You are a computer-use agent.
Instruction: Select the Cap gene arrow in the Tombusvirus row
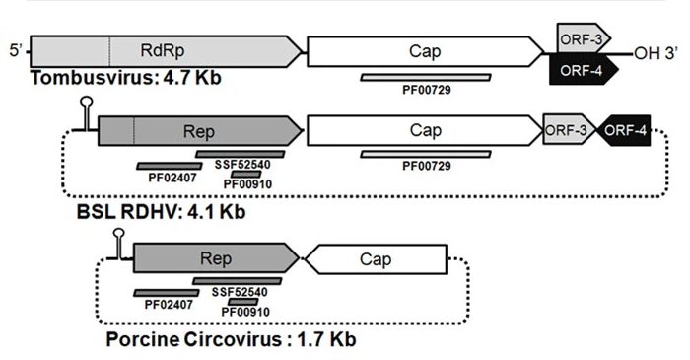coord(425,51)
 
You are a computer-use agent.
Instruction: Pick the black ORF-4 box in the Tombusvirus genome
coord(584,70)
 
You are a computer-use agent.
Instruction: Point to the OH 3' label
coord(655,53)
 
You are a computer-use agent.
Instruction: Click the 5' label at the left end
coord(16,50)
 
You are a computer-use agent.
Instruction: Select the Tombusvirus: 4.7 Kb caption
coord(126,78)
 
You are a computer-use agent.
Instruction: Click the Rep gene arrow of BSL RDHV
coord(200,131)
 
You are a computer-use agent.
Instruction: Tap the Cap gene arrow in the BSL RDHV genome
coord(425,130)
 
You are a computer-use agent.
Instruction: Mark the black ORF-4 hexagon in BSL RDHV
coord(623,130)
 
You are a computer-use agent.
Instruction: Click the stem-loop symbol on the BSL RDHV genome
coord(87,114)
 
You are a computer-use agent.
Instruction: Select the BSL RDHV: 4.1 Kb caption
coord(161,212)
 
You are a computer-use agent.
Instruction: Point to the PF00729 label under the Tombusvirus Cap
coord(427,90)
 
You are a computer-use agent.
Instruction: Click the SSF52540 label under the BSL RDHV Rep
coord(242,165)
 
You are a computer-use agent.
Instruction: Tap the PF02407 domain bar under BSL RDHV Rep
coord(170,166)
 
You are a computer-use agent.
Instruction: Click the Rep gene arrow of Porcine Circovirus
coord(216,257)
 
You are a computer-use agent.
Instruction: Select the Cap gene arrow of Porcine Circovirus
coord(377,259)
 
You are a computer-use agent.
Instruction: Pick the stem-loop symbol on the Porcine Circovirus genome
coord(119,244)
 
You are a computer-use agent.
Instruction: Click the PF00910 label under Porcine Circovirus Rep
coord(245,312)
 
